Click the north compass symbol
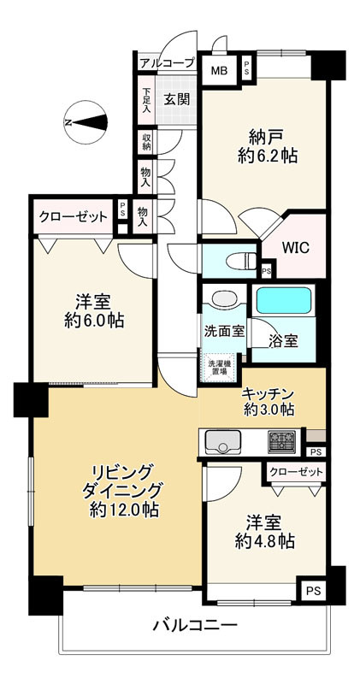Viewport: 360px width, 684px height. coord(86,122)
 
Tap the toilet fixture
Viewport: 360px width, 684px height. coord(241,262)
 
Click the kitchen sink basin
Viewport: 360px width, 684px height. coord(223,441)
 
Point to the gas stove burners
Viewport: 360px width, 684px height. coord(281,441)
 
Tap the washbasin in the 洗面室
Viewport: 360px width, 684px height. coord(224,299)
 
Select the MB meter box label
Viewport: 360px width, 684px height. coord(219,71)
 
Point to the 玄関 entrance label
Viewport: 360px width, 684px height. coord(177,99)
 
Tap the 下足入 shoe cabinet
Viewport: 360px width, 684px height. coord(146,101)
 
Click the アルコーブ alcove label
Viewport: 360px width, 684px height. coord(167,63)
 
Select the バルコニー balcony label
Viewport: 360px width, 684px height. coord(195,627)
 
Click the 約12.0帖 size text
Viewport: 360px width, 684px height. coord(124,510)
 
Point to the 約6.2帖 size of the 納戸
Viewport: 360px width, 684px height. coord(268,156)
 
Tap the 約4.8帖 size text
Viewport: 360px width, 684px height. coord(264,541)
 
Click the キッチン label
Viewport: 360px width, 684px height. coord(268,395)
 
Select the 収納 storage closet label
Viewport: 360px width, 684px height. coord(146,142)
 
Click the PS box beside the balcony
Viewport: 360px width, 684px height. coord(313,591)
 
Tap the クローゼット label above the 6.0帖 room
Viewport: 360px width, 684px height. coord(74,216)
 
